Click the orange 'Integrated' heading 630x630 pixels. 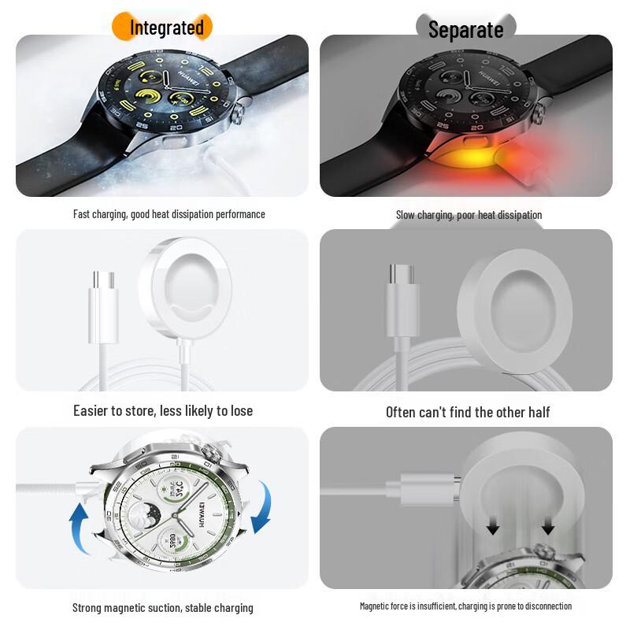pos(166,28)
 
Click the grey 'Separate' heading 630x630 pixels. pos(465,30)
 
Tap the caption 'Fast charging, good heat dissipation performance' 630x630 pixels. pos(169,214)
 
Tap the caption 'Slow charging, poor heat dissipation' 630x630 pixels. pos(469,215)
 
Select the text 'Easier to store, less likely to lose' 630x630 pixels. pos(163,410)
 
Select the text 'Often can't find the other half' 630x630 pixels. pos(468,412)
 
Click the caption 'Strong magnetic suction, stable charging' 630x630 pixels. pos(163,607)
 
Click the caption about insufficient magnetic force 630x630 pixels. pos(465,606)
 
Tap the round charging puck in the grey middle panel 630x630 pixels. pos(514,304)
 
